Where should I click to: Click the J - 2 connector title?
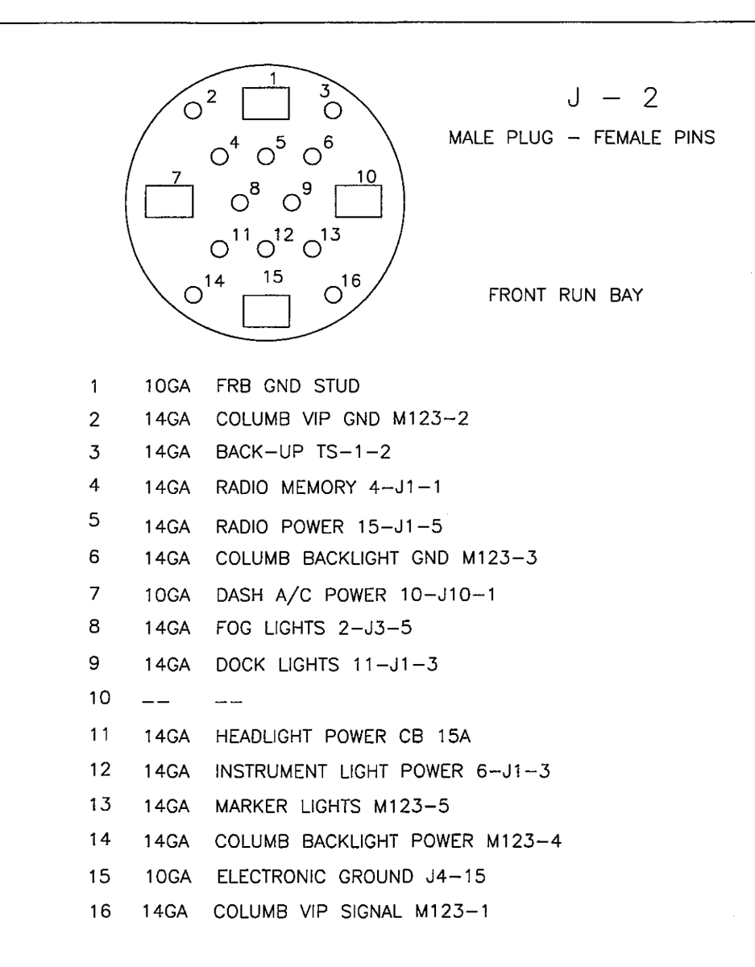click(x=612, y=98)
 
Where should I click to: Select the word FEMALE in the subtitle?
click(x=627, y=138)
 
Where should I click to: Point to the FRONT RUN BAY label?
click(x=566, y=295)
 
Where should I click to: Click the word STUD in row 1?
click(x=336, y=386)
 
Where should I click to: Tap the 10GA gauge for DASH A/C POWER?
click(x=168, y=595)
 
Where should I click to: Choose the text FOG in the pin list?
click(x=233, y=628)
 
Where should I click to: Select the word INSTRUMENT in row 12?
click(x=271, y=771)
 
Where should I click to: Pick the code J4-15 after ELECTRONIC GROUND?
click(x=455, y=876)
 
